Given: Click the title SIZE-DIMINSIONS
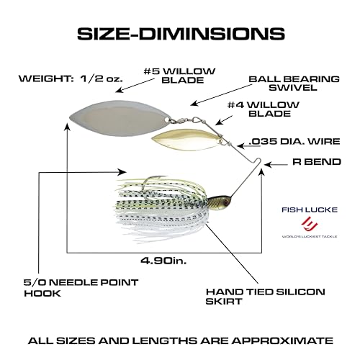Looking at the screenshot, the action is coord(181,33).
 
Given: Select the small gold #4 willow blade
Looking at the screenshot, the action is coord(187,140).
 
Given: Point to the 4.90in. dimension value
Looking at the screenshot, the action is coord(163,261).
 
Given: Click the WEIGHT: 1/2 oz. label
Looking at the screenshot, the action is coord(71,78).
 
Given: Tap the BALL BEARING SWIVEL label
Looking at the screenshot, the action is coord(294,84).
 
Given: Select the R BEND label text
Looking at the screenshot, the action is coord(317,162).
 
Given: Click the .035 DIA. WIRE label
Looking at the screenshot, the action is coord(294,141).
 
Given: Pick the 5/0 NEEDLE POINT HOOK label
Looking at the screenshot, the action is coord(81,288).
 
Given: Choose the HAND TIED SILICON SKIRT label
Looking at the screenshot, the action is coord(266,297).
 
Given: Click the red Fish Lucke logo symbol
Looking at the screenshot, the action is coord(310,223).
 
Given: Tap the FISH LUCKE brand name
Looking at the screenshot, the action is coord(310,210).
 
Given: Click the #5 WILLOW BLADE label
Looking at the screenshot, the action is coord(179,76).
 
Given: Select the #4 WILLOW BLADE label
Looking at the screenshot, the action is coord(264,109).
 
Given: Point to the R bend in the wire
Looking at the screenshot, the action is coord(258,161).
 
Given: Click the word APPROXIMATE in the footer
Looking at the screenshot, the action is coord(282,341).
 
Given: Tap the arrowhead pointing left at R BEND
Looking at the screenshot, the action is coord(267,165).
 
